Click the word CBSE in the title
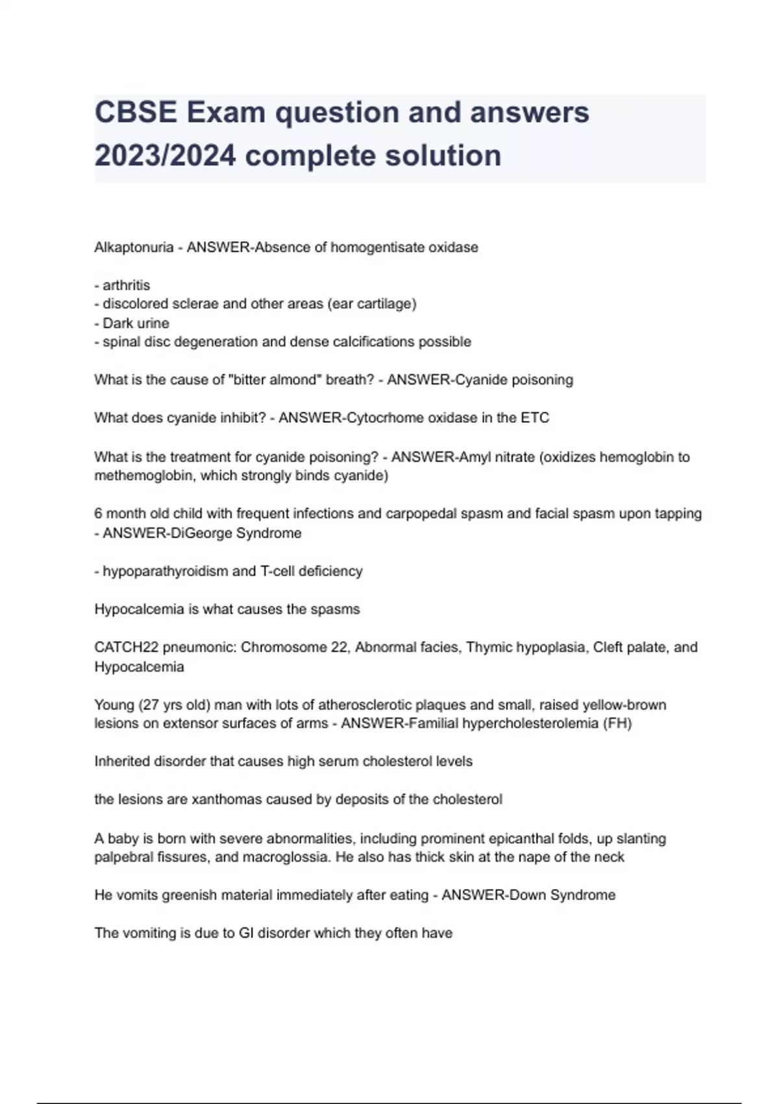click(136, 113)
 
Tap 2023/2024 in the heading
click(165, 156)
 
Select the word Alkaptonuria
click(134, 247)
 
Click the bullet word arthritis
click(126, 285)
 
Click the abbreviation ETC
click(535, 418)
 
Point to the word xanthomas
click(219, 799)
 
